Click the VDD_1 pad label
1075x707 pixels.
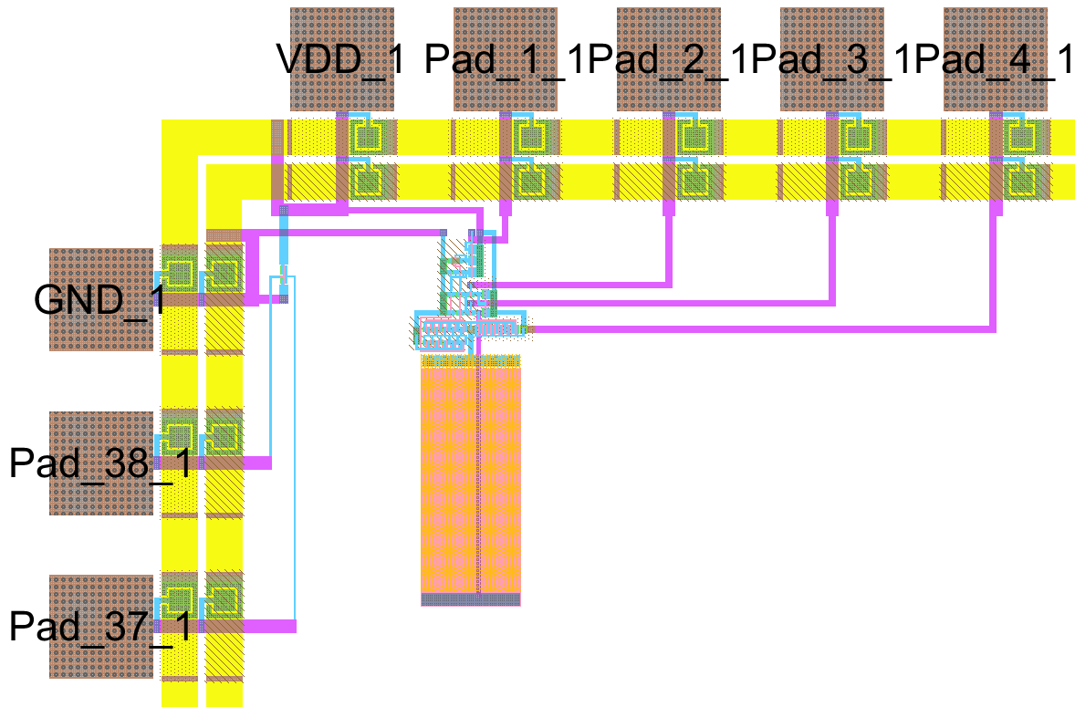point(341,61)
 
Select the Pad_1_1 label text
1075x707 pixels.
point(506,61)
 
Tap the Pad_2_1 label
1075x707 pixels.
point(669,61)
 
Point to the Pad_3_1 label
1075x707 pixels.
point(832,61)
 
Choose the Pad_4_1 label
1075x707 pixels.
point(996,61)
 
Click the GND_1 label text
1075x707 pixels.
point(99,299)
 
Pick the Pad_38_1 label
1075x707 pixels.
point(99,463)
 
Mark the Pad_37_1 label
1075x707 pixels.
point(99,627)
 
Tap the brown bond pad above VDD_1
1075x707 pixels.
point(341,27)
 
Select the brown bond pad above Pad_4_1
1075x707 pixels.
point(996,27)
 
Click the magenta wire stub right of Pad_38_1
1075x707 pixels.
point(256,463)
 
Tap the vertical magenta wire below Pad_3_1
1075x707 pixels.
point(832,255)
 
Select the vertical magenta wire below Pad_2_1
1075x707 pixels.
point(669,246)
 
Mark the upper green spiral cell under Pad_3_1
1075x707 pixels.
point(856,138)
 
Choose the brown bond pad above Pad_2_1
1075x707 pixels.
point(669,27)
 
